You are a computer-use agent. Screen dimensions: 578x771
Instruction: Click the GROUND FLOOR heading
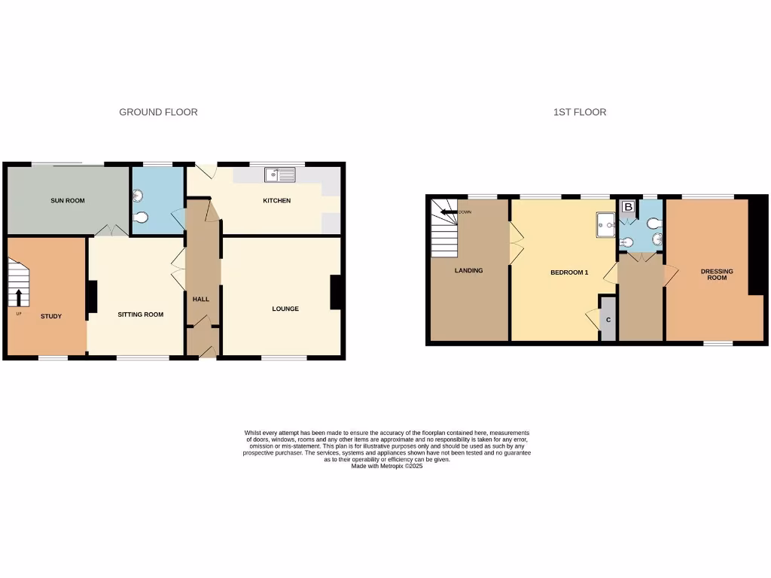click(158, 112)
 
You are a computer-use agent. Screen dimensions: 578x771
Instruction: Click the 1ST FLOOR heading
click(579, 112)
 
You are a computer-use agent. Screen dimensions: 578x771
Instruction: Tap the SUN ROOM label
click(68, 201)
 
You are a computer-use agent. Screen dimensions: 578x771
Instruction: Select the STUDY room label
click(51, 316)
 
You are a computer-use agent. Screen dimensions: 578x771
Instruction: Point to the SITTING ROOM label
click(141, 315)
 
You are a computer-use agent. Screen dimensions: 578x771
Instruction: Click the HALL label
click(201, 300)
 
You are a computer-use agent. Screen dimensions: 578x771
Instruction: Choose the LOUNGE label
click(285, 309)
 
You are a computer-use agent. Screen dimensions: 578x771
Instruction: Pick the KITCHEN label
click(276, 201)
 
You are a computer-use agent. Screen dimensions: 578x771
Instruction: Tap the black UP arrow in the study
click(19, 296)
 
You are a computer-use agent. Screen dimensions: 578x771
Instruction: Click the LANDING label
click(468, 271)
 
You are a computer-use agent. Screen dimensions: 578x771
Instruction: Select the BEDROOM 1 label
click(569, 272)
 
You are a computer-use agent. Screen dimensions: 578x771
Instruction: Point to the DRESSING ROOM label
click(717, 275)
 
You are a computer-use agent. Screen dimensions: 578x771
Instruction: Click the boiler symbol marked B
click(627, 206)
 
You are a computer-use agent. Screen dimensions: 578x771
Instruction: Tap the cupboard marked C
click(608, 320)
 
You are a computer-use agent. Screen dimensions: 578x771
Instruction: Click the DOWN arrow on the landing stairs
click(450, 212)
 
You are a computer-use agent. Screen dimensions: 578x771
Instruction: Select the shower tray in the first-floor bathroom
click(605, 223)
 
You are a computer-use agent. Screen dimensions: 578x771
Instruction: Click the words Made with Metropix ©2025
click(387, 466)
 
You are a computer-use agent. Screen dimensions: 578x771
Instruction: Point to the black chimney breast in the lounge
click(337, 293)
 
